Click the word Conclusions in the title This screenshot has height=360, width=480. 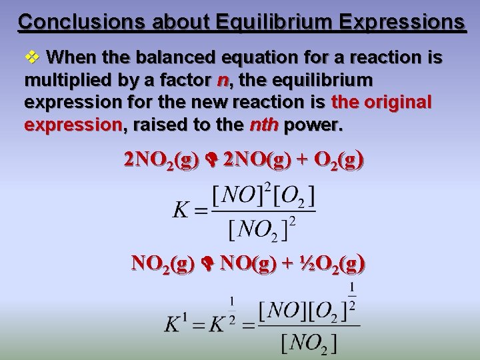pos(71,21)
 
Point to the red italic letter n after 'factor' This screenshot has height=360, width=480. pos(223,80)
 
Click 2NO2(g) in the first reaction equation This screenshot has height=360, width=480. pos(161,161)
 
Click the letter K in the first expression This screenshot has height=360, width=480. pos(181,211)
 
